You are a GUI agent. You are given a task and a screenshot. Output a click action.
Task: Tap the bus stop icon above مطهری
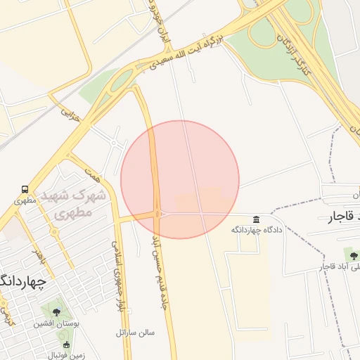click(25, 189)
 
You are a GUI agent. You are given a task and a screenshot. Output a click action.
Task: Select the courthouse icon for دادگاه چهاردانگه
click(256, 219)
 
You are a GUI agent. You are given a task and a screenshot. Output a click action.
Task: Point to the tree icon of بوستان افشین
click(56, 311)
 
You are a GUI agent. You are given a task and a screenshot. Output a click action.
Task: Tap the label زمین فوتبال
click(66, 355)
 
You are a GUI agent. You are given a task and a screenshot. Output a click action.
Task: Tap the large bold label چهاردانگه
click(21, 282)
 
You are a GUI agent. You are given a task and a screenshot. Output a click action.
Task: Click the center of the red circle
click(180, 179)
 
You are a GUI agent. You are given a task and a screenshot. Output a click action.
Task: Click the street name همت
click(92, 171)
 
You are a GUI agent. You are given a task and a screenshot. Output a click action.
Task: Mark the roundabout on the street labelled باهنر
click(54, 232)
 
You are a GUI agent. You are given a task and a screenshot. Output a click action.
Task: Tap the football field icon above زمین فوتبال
click(66, 345)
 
